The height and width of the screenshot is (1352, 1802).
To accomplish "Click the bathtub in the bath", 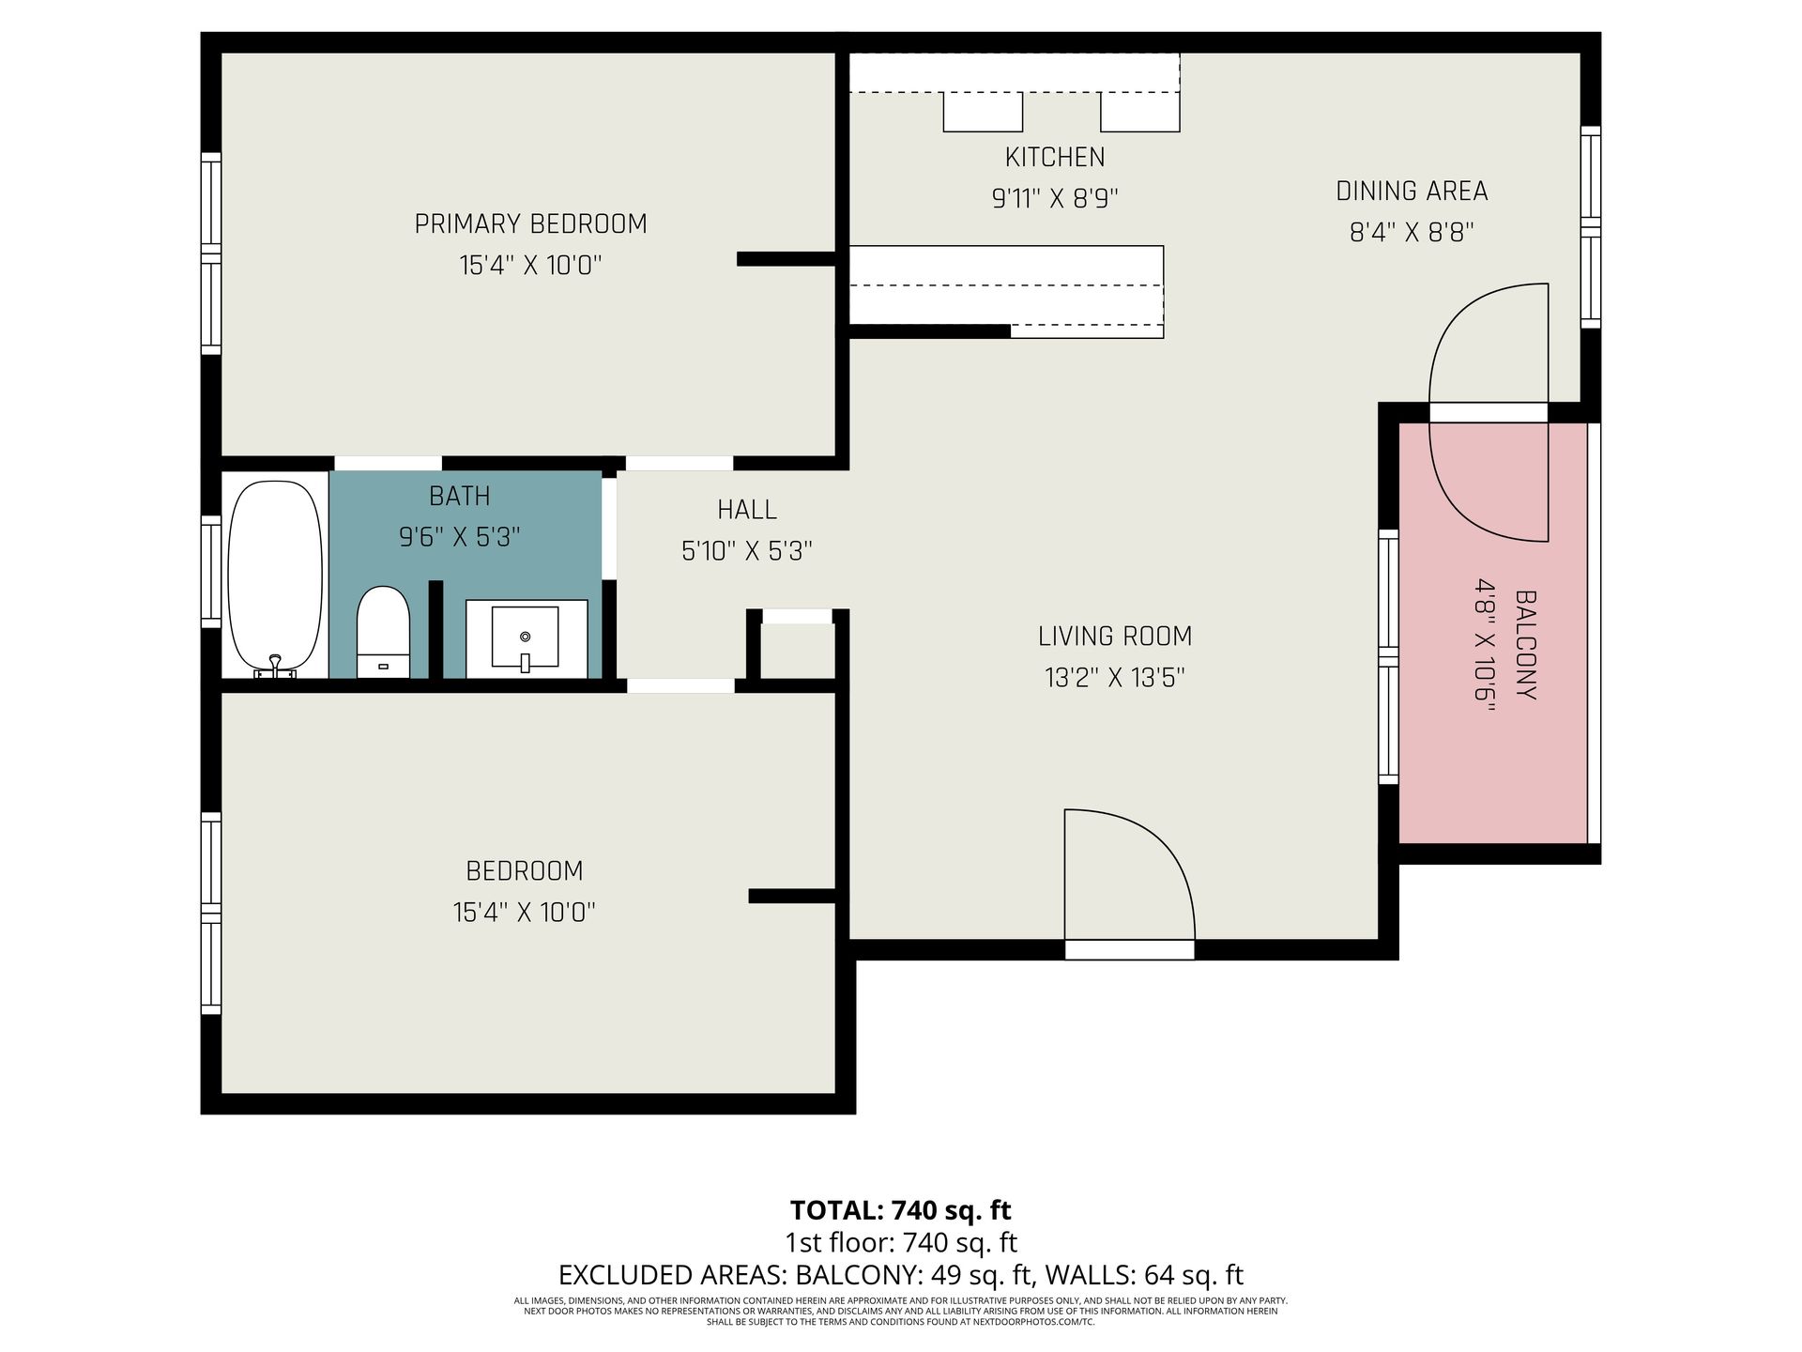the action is pyautogui.click(x=276, y=578).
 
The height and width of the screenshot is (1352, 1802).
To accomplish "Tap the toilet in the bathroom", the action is pyautogui.click(x=383, y=632).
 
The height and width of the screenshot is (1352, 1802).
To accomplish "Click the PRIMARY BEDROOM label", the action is pyautogui.click(x=530, y=224).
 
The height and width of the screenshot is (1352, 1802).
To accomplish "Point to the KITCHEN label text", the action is pyautogui.click(x=1055, y=157).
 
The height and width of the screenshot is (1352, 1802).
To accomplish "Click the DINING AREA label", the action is pyautogui.click(x=1412, y=192).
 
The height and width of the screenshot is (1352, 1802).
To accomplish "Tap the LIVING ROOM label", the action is pyautogui.click(x=1115, y=637).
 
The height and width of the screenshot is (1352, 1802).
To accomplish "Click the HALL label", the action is pyautogui.click(x=747, y=510).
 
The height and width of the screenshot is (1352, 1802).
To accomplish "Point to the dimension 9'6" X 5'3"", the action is pyautogui.click(x=460, y=537).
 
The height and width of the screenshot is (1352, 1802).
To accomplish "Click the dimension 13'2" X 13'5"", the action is pyautogui.click(x=1115, y=678).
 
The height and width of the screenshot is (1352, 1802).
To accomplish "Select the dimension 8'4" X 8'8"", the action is pyautogui.click(x=1412, y=232).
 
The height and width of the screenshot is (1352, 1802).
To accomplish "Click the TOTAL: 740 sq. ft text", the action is pyautogui.click(x=901, y=1209).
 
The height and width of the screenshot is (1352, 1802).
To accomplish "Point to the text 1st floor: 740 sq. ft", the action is pyautogui.click(x=901, y=1243).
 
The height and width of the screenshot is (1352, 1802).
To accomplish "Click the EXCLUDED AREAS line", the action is pyautogui.click(x=901, y=1275).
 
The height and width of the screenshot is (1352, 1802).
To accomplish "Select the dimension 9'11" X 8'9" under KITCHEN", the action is pyautogui.click(x=1055, y=199).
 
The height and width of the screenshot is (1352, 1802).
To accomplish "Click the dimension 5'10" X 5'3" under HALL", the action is pyautogui.click(x=747, y=550).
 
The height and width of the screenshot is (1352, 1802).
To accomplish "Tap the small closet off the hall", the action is pyautogui.click(x=797, y=650).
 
